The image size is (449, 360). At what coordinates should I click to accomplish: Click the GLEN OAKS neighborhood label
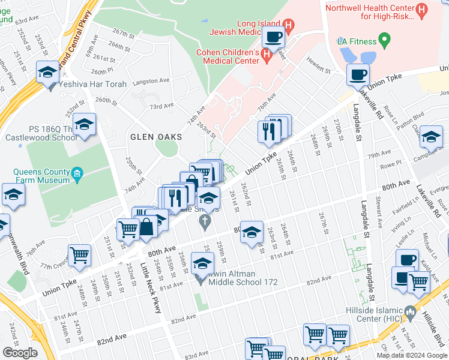click(x=155, y=137)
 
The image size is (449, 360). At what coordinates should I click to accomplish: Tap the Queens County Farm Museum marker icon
click(x=76, y=175)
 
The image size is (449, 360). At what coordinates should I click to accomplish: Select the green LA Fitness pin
click(x=384, y=41)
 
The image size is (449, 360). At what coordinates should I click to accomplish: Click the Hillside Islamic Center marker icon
click(x=410, y=312)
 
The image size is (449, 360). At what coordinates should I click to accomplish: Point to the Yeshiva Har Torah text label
click(x=94, y=84)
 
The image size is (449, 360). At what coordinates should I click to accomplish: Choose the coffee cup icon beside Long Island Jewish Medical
click(x=274, y=38)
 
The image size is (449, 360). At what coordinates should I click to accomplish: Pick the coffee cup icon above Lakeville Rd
click(x=358, y=74)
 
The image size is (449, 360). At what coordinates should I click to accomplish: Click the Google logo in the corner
click(x=20, y=353)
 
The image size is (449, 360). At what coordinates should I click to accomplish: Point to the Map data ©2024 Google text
click(x=412, y=355)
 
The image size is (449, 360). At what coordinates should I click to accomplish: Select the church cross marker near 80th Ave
click(x=205, y=223)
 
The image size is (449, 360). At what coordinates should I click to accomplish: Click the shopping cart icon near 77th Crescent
click(x=79, y=255)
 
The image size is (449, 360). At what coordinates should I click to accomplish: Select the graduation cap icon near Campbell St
click(x=431, y=137)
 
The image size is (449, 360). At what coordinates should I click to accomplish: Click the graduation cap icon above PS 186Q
click(x=85, y=124)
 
